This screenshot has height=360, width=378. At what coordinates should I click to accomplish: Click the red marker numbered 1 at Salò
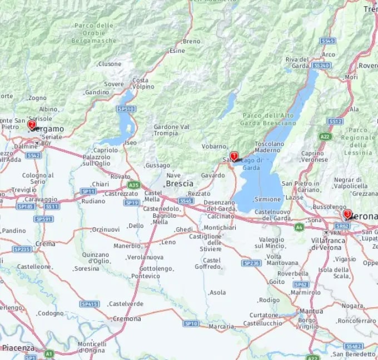point(234,157)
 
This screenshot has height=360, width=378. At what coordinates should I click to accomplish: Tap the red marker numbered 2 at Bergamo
point(32,126)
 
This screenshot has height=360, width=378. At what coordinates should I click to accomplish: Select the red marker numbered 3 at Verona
point(347,213)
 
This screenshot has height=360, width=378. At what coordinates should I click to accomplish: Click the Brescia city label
point(180,183)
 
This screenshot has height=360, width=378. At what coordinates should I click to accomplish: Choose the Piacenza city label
point(18,348)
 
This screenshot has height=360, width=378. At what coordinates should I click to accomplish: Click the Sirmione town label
point(267,199)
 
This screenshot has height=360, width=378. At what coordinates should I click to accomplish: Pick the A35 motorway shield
point(133,184)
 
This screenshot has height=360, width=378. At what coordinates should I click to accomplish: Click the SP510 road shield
point(126,109)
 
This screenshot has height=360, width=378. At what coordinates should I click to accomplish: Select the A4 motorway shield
point(299,227)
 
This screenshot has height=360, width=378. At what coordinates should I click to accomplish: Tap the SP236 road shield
point(252,263)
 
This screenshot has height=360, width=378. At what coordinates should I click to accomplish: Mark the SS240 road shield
point(321,65)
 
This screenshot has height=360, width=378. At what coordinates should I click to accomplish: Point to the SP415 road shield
point(89,304)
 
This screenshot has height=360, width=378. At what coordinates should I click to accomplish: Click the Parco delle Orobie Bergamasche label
point(94,33)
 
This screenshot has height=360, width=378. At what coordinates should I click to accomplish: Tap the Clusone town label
point(109,64)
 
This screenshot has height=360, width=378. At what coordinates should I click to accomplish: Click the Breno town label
point(191,41)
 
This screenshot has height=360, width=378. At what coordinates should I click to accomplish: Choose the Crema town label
point(45,244)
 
